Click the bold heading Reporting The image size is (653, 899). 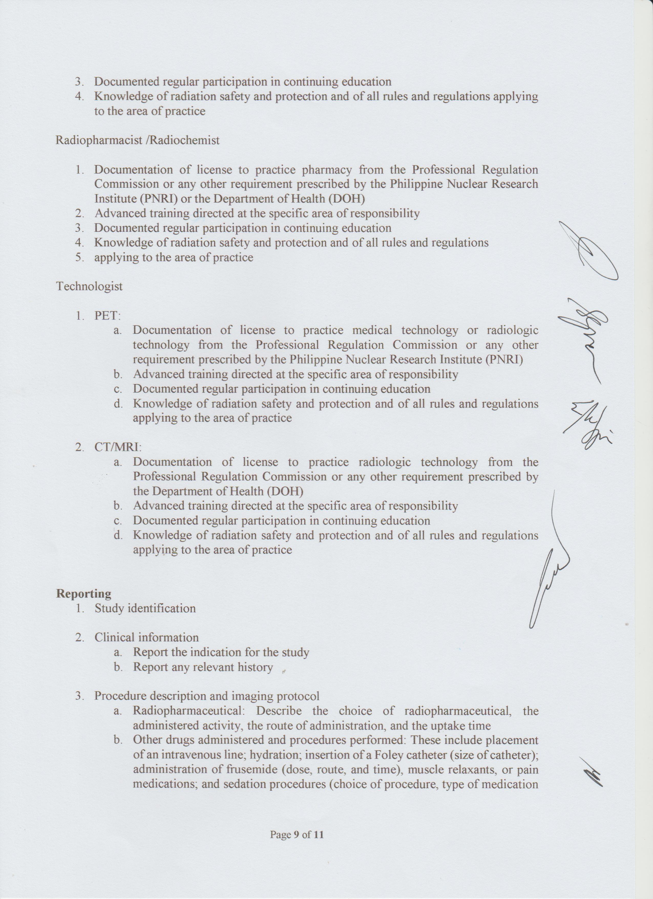click(83, 593)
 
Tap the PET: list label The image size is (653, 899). click(107, 316)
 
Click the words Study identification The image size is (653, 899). click(145, 608)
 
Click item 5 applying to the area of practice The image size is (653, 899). click(173, 257)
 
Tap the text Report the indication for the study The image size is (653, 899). click(221, 652)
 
